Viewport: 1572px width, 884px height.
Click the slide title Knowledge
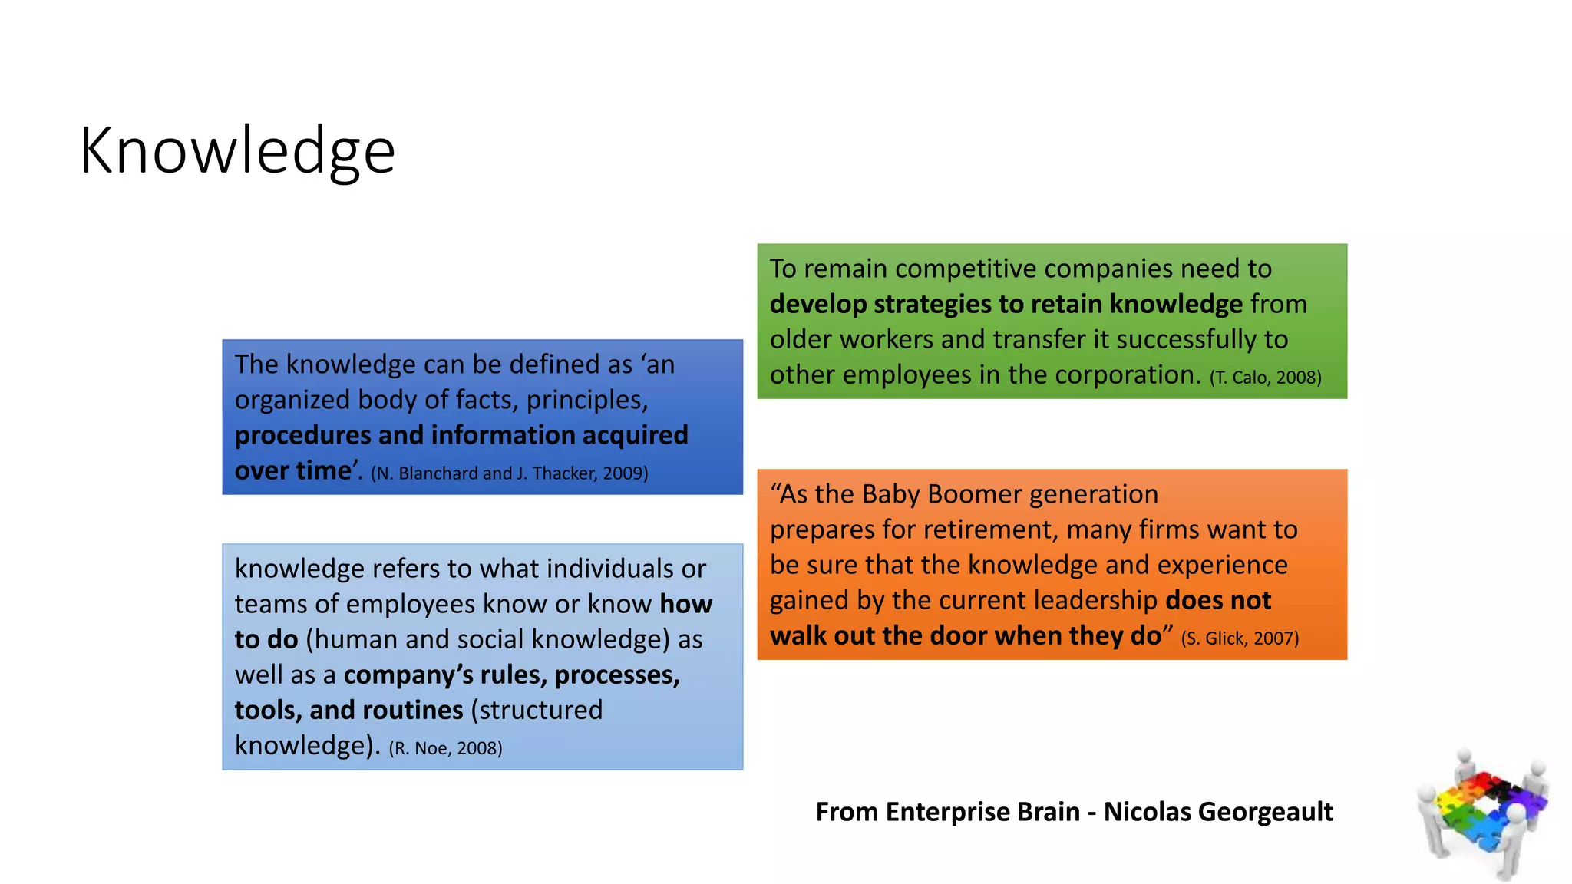coord(237,151)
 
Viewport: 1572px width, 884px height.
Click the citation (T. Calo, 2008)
coord(1265,378)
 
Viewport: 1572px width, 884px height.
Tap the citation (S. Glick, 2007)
coord(1240,638)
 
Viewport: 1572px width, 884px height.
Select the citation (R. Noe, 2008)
coord(445,748)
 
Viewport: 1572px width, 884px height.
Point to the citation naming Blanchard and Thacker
coord(509,473)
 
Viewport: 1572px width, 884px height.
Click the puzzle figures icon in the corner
coord(1482,813)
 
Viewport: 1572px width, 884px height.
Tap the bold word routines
coord(412,711)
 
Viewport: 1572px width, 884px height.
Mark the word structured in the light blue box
coord(537,711)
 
